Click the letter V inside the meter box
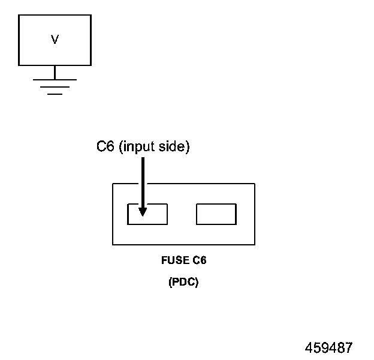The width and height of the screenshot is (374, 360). point(55,40)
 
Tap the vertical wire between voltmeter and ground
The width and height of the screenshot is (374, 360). point(55,72)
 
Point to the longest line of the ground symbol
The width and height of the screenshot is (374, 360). point(55,79)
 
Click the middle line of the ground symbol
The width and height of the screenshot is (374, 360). point(55,87)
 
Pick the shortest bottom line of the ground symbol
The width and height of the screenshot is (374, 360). point(55,94)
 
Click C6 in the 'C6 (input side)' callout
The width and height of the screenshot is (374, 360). point(105,147)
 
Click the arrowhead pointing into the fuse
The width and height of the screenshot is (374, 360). point(143,211)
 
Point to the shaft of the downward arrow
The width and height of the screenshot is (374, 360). point(143,180)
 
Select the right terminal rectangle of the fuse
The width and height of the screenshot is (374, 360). point(216,214)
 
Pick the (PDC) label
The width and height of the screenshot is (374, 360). point(183,283)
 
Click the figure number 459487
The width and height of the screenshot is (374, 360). point(329,347)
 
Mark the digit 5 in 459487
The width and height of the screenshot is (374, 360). point(317,347)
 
